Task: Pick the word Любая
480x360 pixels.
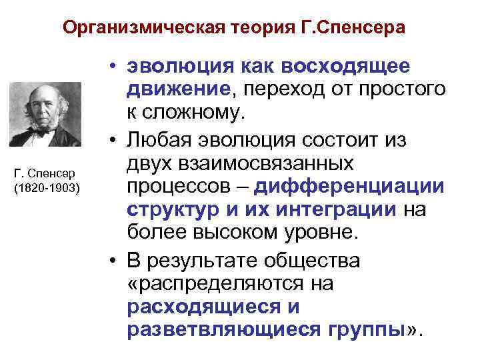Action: (x=156, y=140)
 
